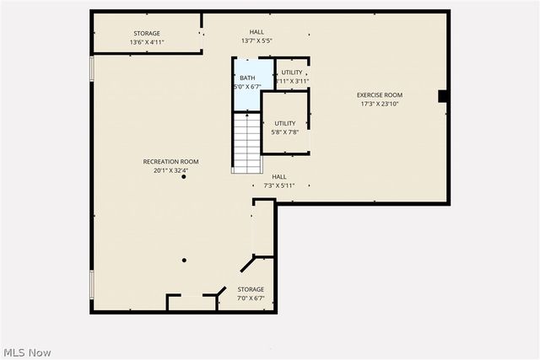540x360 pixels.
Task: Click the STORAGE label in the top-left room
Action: pos(146,33)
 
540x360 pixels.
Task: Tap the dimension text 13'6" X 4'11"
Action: pos(146,41)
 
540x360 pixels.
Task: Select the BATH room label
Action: pos(247,78)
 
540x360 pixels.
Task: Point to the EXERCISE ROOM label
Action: pos(379,95)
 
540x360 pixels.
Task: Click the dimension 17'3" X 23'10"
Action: pos(379,104)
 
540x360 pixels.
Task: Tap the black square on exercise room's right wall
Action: pos(441,96)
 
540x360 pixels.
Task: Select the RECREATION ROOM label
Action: pos(170,162)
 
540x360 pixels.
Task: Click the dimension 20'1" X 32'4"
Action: pos(170,170)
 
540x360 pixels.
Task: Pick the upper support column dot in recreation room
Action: pos(183,177)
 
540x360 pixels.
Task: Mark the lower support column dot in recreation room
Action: pos(183,260)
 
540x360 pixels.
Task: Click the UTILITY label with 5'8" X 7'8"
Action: pos(284,123)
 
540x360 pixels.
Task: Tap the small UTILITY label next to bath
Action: pos(292,73)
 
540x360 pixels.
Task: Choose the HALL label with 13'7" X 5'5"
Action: pos(256,32)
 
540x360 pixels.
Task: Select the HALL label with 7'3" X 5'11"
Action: pos(278,177)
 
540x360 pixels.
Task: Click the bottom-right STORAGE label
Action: pos(250,289)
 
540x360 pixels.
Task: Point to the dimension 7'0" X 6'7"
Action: pos(250,298)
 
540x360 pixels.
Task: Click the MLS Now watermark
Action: pos(28,350)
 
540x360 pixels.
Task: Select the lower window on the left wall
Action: pos(91,283)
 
